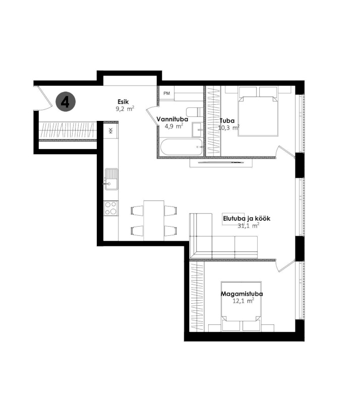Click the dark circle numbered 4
coord(66,102)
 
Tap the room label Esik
coord(123,102)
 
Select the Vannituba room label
coord(172,119)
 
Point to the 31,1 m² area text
coord(249,226)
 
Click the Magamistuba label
coord(242,294)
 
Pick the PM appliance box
coord(166,93)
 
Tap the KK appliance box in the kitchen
coord(111,130)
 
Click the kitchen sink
coord(111,179)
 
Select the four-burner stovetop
coord(111,208)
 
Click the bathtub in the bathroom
coord(182,147)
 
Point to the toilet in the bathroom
coord(195,112)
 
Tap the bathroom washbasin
coord(198,130)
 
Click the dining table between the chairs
coord(154,221)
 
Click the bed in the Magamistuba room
coord(242,306)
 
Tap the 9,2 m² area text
coord(125,109)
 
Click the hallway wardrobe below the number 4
coord(68,130)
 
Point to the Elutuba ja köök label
coord(247,219)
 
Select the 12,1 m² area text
coord(243,301)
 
